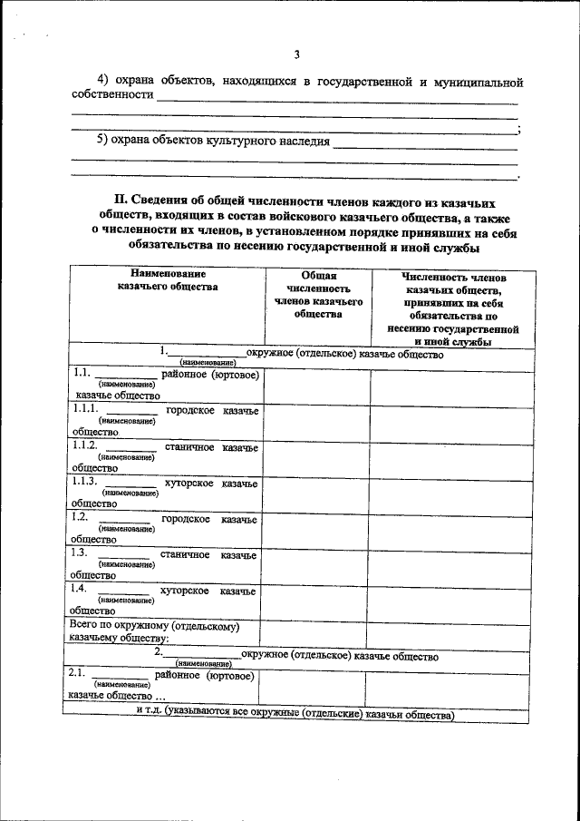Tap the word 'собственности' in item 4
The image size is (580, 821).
pos(111,95)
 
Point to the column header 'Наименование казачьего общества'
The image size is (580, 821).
pos(168,279)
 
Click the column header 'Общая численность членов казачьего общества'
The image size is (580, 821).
pos(318,294)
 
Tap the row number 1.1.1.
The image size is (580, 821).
pos(86,410)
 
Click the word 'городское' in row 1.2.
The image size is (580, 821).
pos(186,519)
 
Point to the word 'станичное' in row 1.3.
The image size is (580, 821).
pos(185,554)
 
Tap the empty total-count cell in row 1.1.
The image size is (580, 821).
pos(316,386)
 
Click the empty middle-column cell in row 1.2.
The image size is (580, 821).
pos(316,528)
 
